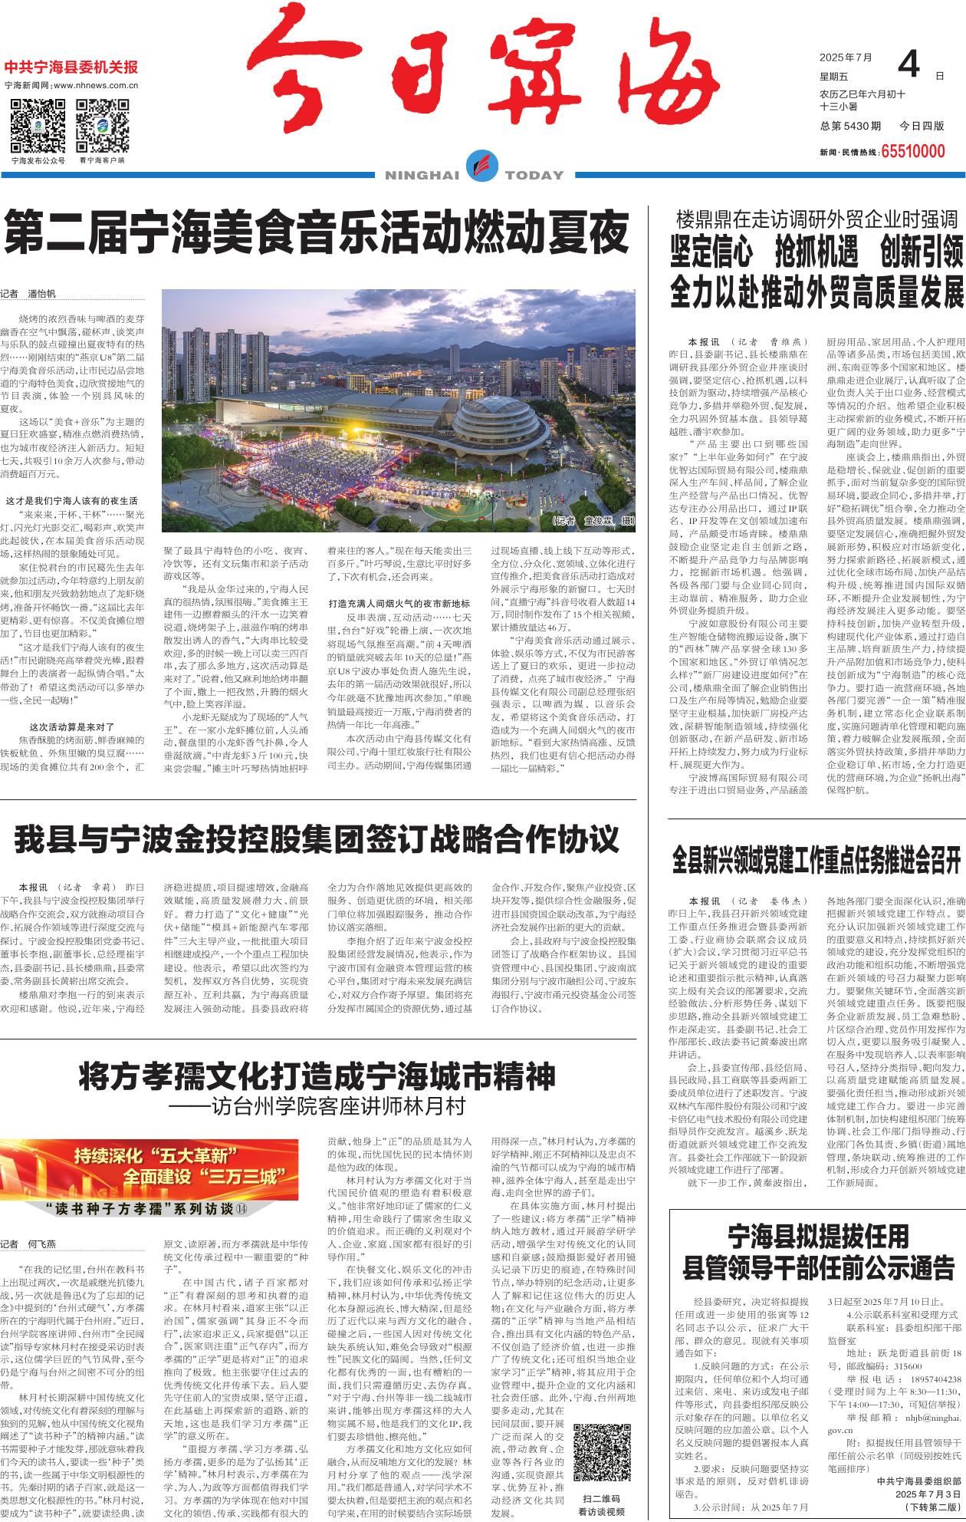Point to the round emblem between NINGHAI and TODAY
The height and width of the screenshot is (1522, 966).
482,166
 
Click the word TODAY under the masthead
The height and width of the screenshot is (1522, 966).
534,176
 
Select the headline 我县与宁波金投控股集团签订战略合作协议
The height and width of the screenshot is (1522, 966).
317,838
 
